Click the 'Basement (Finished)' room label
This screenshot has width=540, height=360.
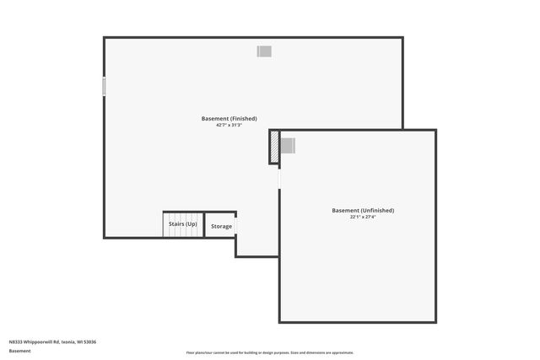click(x=229, y=118)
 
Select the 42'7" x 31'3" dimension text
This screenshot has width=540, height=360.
click(x=229, y=125)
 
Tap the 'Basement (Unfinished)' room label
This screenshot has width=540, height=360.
click(x=363, y=210)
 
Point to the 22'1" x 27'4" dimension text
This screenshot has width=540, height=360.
click(x=363, y=217)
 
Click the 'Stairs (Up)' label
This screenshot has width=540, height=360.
click(x=183, y=223)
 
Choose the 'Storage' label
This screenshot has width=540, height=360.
click(x=221, y=226)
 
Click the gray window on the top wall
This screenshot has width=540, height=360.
click(x=264, y=51)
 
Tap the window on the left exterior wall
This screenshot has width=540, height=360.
click(x=105, y=86)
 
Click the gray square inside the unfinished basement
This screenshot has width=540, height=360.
click(x=288, y=146)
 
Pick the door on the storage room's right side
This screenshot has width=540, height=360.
click(x=235, y=225)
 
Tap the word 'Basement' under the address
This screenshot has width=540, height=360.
click(x=19, y=351)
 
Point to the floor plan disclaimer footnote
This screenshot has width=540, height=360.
click(x=270, y=352)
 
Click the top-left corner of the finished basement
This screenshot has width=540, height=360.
click(x=105, y=38)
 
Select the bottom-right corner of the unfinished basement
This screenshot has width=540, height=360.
click(x=435, y=321)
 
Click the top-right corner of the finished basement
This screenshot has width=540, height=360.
click(x=402, y=38)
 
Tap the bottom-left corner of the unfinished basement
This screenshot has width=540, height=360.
click(x=280, y=321)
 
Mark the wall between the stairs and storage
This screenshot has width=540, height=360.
click(x=204, y=224)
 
